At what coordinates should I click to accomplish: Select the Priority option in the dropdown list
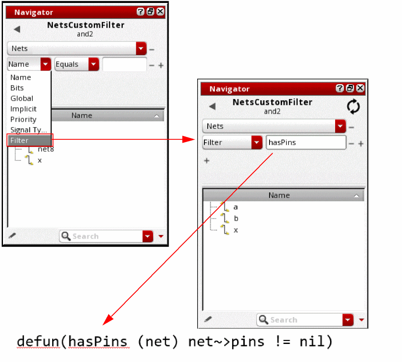click(x=23, y=120)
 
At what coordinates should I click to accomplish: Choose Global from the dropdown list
click(x=22, y=98)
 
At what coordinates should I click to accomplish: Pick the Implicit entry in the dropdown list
click(x=23, y=109)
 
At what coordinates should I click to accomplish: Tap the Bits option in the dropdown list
click(x=17, y=88)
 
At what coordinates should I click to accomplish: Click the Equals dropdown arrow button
click(x=94, y=64)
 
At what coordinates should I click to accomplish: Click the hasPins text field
click(x=306, y=142)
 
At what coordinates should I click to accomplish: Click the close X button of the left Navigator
click(x=160, y=11)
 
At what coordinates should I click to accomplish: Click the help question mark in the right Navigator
click(x=339, y=88)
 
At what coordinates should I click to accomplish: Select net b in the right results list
click(x=236, y=218)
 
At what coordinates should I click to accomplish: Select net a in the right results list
click(x=235, y=207)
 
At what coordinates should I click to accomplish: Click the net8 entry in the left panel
click(x=46, y=149)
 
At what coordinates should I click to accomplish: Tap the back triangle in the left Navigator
click(x=17, y=29)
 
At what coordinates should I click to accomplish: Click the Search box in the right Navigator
click(x=300, y=320)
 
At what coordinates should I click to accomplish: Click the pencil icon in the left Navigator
click(x=12, y=236)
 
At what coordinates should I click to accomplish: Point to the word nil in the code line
click(x=316, y=342)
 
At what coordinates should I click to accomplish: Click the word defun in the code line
click(x=38, y=342)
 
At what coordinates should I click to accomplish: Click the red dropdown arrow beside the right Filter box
click(x=257, y=142)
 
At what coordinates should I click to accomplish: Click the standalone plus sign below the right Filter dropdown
click(x=206, y=161)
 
